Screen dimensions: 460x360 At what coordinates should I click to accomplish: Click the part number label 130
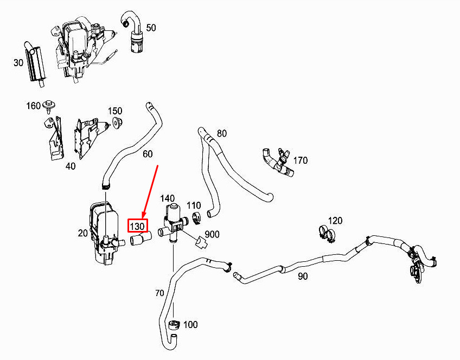[x=137, y=224]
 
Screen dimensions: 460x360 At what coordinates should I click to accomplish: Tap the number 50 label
[x=151, y=28]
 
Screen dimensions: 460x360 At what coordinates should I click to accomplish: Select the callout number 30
[x=18, y=62]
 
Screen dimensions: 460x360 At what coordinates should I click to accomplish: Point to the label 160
[x=34, y=106]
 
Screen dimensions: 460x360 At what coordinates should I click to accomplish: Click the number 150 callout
[x=114, y=111]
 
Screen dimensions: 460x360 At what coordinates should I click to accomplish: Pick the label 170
[x=300, y=160]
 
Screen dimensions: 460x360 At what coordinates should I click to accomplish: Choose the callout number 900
[x=212, y=234]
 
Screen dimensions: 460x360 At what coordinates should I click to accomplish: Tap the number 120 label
[x=335, y=221]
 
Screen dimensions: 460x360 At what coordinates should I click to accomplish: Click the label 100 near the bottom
[x=190, y=325]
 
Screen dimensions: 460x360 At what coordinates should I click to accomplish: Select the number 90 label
[x=302, y=276]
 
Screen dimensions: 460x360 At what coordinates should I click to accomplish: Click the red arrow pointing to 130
[x=150, y=190]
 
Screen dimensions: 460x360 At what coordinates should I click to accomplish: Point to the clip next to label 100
[x=174, y=325]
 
